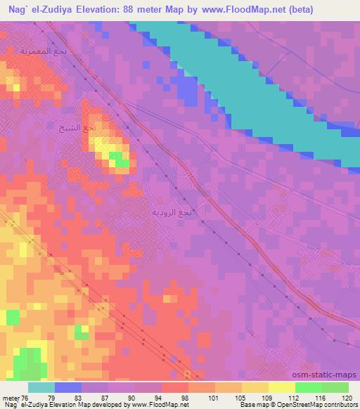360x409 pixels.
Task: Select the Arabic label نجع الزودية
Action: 172,211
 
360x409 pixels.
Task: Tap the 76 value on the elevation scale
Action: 25,398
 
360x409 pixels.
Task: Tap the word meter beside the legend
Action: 10,398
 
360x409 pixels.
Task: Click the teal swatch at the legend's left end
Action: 41,387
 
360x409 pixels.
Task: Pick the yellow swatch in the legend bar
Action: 281,387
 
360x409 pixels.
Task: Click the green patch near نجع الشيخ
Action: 121,164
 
